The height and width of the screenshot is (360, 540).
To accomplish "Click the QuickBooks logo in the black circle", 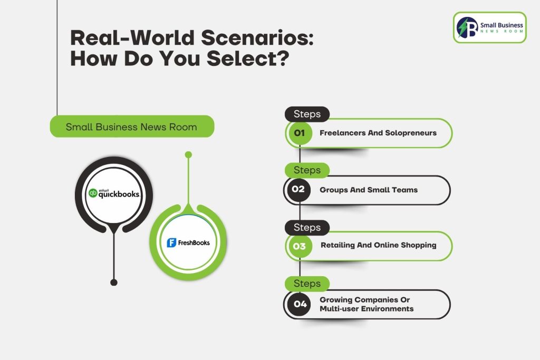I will click(x=114, y=193).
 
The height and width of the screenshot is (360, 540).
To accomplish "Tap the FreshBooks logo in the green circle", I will click(x=188, y=242).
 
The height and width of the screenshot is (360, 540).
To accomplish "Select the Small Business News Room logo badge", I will click(x=489, y=27).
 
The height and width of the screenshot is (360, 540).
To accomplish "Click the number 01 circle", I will click(x=300, y=133).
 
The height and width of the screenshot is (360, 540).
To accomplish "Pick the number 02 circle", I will click(x=298, y=189).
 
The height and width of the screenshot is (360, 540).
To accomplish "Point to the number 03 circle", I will click(x=299, y=246).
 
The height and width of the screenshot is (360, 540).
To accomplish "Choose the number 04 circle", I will click(x=300, y=304).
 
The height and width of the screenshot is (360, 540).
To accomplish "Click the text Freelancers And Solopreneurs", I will click(x=378, y=133).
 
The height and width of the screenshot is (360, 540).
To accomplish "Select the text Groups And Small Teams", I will click(x=369, y=190).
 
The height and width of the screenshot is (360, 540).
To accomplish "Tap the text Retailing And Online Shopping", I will click(x=379, y=245).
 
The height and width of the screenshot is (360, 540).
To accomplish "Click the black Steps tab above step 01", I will click(x=307, y=114).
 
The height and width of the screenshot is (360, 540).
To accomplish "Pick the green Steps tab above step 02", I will click(x=307, y=170).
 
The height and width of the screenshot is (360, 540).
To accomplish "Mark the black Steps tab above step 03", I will click(x=307, y=227).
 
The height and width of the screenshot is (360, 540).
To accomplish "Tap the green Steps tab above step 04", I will click(x=307, y=284).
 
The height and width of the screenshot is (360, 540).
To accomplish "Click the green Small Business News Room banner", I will click(x=131, y=127).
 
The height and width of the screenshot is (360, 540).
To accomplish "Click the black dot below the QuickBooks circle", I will click(x=113, y=283).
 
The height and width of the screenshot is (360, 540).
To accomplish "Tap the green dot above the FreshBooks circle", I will click(x=188, y=154).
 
